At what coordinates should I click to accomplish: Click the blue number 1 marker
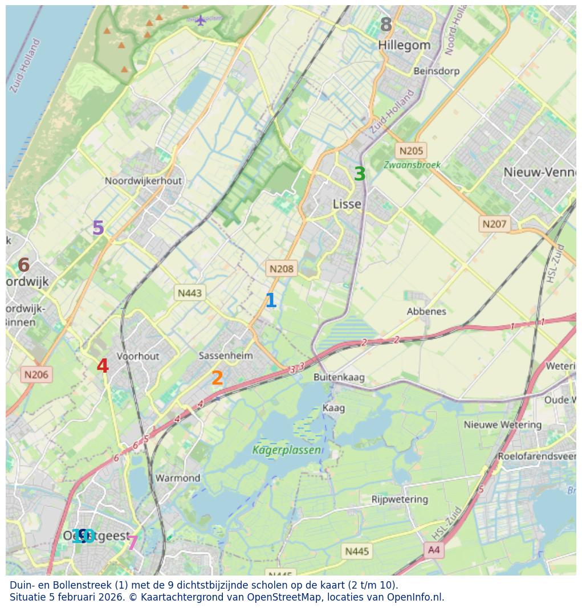271,301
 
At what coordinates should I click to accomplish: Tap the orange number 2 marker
217,378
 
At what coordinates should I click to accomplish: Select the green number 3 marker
359,174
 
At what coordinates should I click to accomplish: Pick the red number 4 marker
103,366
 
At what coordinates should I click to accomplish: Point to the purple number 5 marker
98,228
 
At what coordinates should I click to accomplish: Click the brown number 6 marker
23,266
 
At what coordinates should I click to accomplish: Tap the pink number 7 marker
132,543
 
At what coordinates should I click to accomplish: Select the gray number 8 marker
386,25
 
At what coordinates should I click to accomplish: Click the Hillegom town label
404,45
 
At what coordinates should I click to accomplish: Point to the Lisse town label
347,204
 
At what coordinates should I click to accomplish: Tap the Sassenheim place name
226,356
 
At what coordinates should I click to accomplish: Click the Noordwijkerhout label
143,181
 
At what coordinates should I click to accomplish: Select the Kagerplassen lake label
286,450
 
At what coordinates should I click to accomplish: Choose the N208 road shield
282,268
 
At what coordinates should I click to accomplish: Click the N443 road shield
190,293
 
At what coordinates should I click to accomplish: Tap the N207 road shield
494,224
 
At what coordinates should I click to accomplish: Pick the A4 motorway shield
434,550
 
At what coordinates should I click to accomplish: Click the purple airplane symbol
201,21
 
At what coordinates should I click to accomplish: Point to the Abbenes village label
426,311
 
